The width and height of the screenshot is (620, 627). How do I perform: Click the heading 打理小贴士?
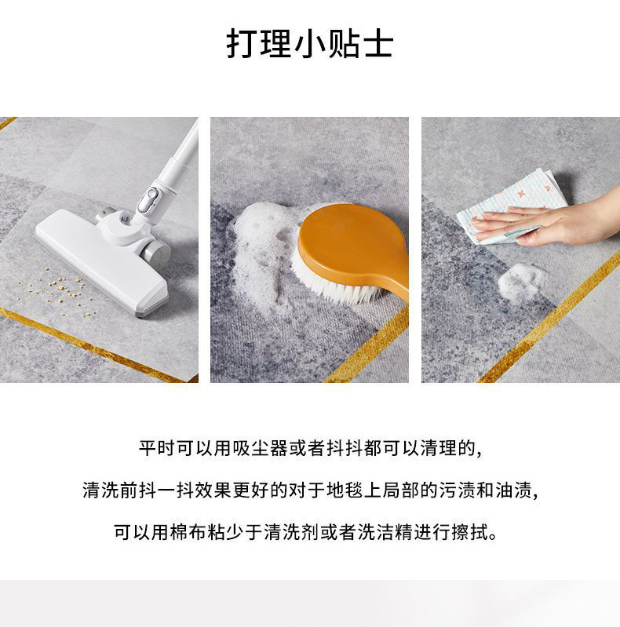click(309, 44)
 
